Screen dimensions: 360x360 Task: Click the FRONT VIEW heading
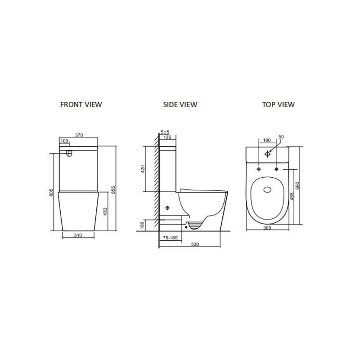point(81,104)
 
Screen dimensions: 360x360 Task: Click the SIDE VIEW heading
point(180,104)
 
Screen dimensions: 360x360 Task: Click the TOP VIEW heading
point(279,104)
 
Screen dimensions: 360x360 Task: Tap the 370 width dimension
point(79,135)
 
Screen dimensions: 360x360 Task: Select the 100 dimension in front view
point(64,141)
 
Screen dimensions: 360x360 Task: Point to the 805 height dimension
point(51,193)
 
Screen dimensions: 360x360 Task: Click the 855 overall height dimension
point(113,190)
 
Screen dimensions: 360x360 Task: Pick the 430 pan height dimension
point(105,211)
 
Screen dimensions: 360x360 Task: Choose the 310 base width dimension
point(78,235)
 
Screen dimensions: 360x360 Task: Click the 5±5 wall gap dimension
point(165,132)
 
